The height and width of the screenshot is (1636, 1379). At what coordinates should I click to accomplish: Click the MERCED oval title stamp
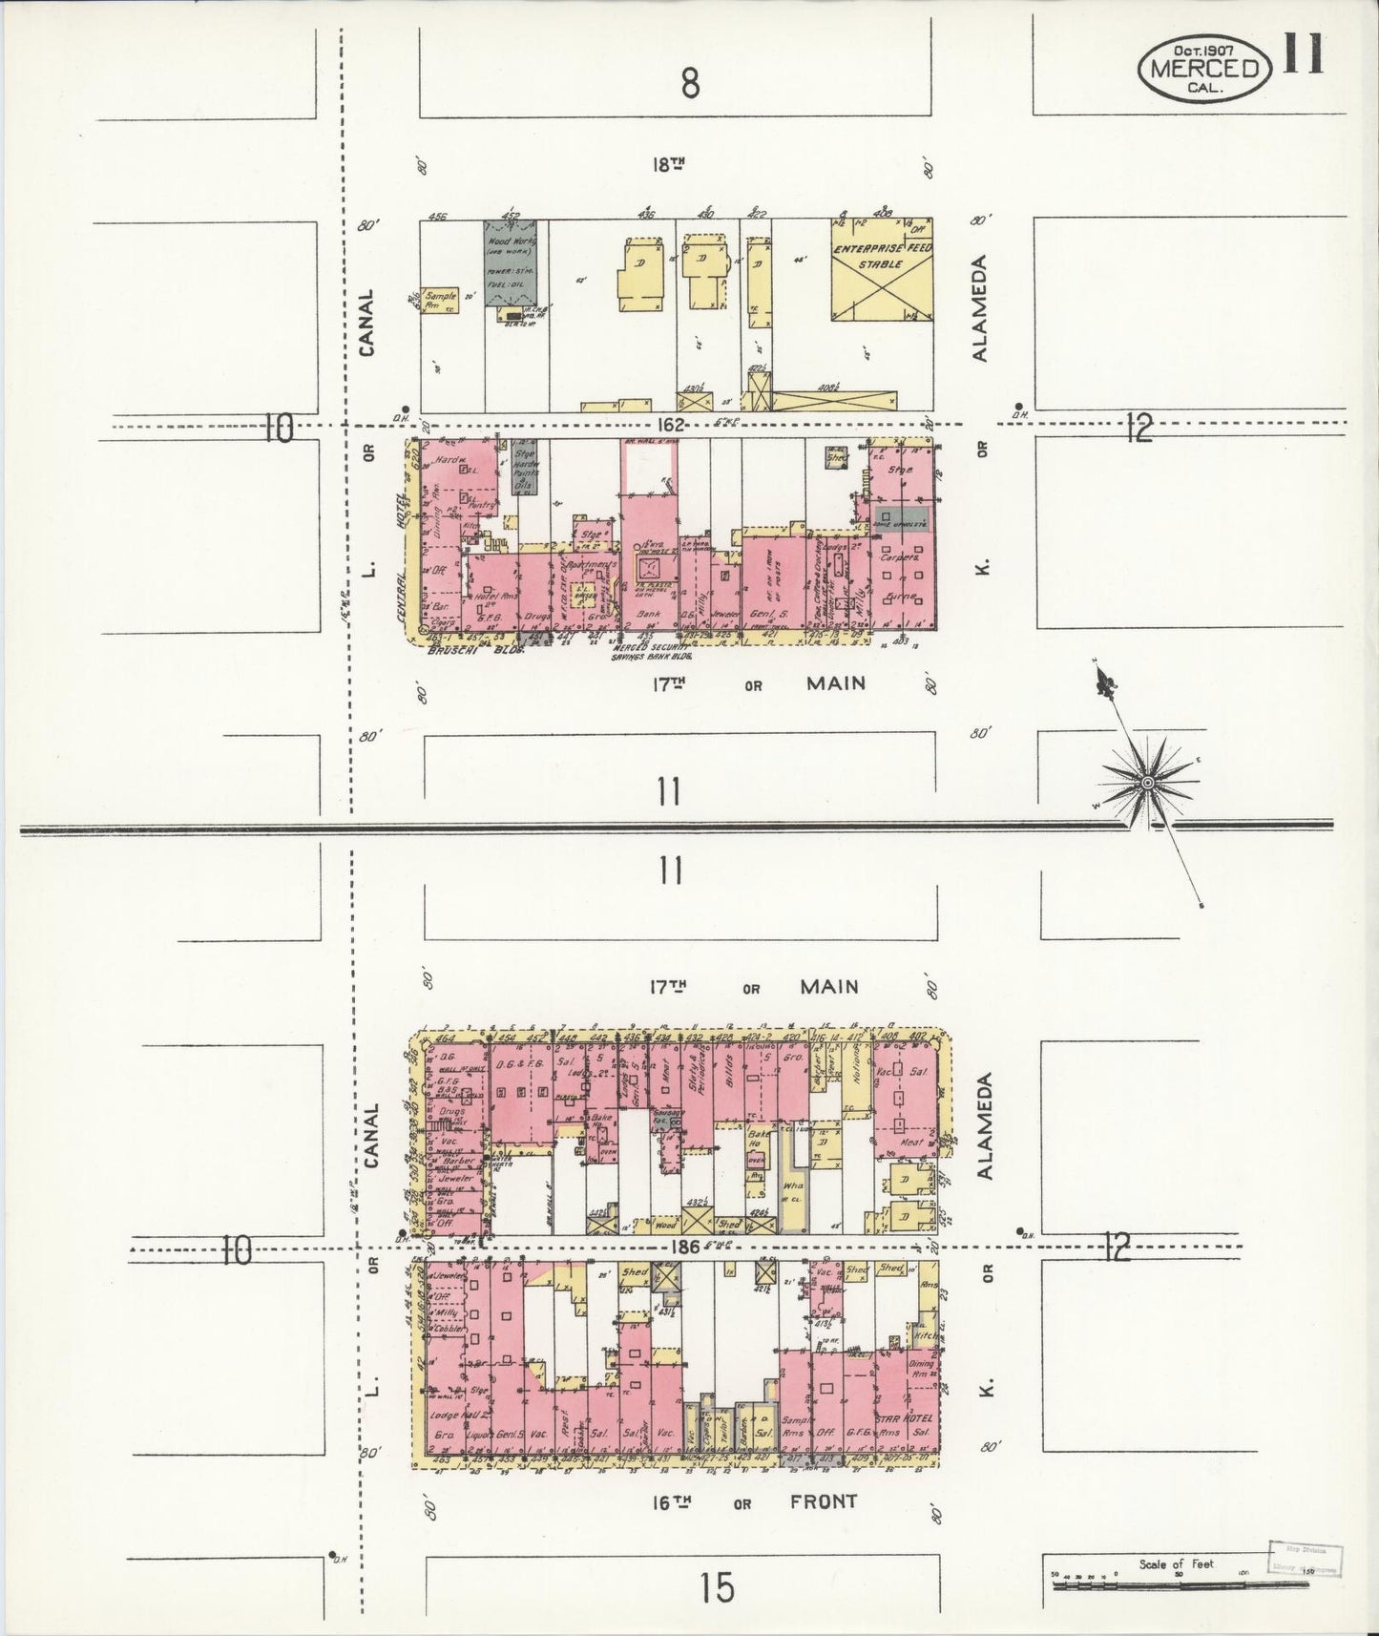[x=1203, y=68]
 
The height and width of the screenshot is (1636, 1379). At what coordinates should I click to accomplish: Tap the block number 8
[x=690, y=84]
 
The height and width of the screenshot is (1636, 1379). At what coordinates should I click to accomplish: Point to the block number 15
[x=716, y=1588]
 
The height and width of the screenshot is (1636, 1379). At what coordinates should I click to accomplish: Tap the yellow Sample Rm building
[x=442, y=303]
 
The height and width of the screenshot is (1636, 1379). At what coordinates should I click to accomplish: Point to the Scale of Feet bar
[x=1183, y=1585]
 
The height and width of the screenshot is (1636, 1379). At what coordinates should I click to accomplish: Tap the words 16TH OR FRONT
[x=754, y=1502]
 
